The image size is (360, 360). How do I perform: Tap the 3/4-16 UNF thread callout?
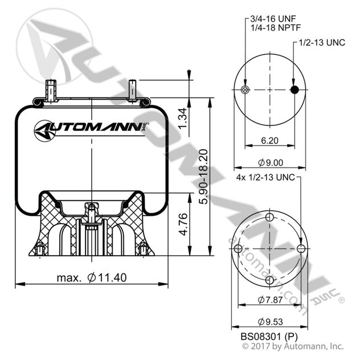coord(269,19)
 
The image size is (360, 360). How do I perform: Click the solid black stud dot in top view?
coord(294,90)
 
